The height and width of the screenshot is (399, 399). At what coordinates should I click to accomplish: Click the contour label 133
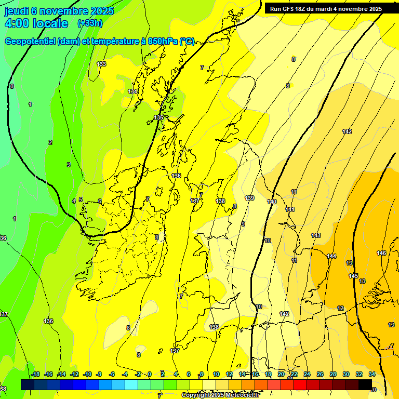point(101,64)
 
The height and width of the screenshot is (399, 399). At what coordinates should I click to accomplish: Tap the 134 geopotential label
point(133,91)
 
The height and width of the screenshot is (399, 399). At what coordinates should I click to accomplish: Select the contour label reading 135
point(158,118)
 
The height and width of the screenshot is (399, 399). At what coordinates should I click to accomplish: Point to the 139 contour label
point(249,198)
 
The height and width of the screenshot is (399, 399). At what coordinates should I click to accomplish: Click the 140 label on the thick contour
point(272,202)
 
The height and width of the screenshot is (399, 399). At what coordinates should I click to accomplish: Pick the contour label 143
point(316,235)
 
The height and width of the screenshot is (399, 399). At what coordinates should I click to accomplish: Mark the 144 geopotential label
point(331,256)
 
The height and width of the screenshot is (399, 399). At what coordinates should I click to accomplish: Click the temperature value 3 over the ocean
point(68,165)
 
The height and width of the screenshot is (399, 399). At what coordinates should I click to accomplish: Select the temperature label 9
point(243,224)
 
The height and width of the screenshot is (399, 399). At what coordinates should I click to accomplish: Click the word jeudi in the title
point(17,11)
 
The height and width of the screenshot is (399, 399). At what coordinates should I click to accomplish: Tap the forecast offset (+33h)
point(90,23)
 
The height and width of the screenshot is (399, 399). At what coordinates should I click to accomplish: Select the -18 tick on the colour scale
point(35,374)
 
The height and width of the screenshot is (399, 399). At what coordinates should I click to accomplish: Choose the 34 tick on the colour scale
point(372,374)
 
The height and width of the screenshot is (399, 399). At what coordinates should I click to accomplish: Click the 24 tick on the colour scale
point(307,374)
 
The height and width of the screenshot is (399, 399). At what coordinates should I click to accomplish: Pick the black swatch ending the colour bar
point(365,384)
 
